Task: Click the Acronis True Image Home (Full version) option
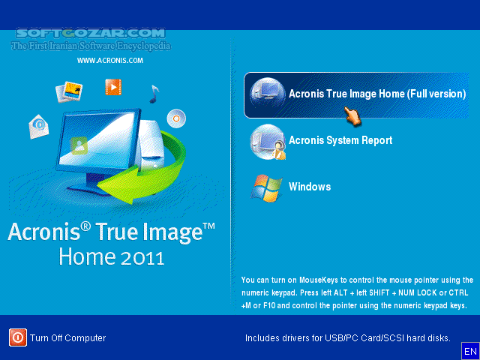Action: tap(376, 94)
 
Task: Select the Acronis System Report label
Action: tap(340, 140)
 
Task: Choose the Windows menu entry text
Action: tap(310, 187)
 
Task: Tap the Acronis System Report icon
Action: tap(266, 141)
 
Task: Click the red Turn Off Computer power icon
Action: tap(18, 337)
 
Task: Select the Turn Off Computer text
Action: tap(68, 338)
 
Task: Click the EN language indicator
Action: tap(470, 351)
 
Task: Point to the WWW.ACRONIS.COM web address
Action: tap(109, 61)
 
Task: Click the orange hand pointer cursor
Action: tap(352, 115)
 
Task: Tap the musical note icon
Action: tap(154, 94)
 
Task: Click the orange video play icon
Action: tap(113, 87)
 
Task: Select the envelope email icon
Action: tap(38, 126)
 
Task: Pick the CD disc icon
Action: tap(177, 118)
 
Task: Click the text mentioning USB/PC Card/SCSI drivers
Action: tap(347, 338)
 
